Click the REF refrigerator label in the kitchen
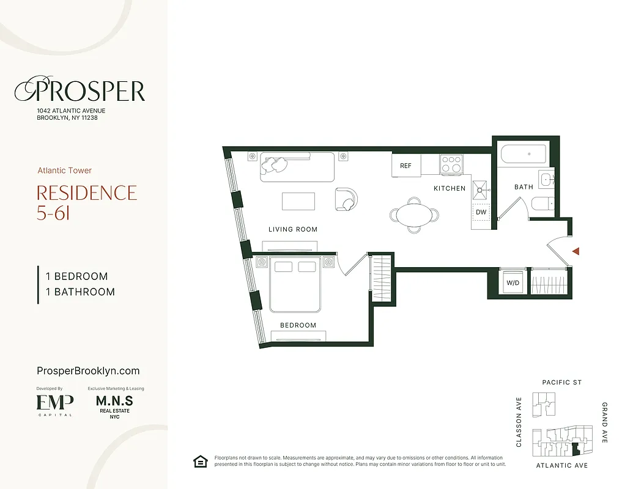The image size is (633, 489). [x=406, y=166]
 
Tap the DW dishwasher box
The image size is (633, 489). [x=481, y=213]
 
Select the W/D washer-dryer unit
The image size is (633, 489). [x=512, y=282]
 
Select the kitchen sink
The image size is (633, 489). [x=481, y=189]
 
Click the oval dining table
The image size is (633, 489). [x=414, y=215]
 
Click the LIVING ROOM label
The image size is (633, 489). [x=293, y=230]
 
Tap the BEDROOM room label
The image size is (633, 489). [x=298, y=325]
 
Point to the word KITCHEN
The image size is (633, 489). [x=450, y=188]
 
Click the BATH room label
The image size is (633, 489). [x=524, y=187]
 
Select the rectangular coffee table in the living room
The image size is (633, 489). [x=298, y=201]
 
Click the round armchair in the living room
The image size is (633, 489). [x=346, y=199]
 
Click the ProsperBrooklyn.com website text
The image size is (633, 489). [x=88, y=370]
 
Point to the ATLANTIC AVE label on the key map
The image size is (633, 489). [x=561, y=466]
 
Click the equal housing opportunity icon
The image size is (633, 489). [x=200, y=461]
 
